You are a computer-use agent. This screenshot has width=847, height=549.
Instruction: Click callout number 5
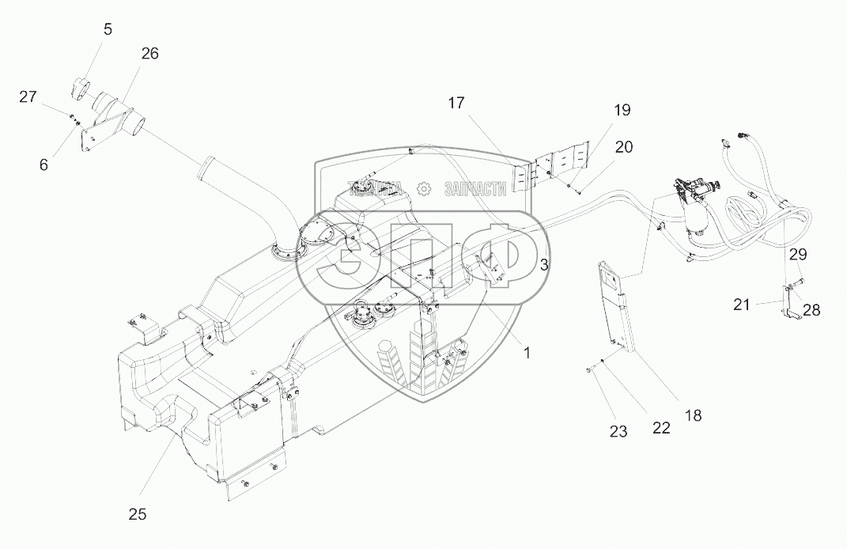point(108,29)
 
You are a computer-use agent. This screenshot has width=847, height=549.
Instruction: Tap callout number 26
point(149,54)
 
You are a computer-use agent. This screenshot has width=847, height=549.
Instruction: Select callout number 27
point(28,97)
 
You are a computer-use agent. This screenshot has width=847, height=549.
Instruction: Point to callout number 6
point(43,165)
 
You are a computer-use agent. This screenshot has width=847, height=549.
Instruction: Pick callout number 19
point(621,110)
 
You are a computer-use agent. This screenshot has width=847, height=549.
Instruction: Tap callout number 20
point(624,146)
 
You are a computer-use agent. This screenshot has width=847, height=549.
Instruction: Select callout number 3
point(544,265)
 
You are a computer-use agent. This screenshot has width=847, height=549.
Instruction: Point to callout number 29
point(798,254)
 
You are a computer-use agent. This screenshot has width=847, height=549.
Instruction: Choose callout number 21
point(741,305)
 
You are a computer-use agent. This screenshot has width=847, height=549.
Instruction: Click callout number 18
point(693,415)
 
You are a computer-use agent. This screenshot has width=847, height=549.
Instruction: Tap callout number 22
point(661,427)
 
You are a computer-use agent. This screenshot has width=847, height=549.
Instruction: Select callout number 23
point(618,431)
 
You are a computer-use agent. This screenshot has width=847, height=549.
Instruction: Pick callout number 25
point(137,513)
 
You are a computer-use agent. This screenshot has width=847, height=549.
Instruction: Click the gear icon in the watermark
point(424,188)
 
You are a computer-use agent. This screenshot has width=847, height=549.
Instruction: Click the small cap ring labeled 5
point(80,88)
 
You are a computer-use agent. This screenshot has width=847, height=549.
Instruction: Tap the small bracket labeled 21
point(791,305)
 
